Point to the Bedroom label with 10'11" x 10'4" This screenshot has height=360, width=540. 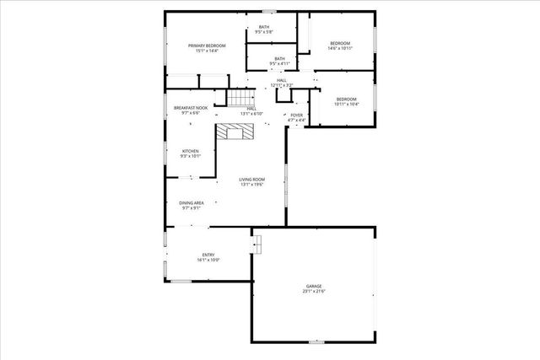coord(347,102)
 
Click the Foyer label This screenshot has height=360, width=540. coord(296,116)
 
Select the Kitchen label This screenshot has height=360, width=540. coord(190,153)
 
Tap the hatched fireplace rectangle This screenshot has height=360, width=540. coord(233,131)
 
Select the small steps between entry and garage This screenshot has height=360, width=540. coord(257,244)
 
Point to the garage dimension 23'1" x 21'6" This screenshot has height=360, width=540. coord(313,292)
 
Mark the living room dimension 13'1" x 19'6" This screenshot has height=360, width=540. coord(251,185)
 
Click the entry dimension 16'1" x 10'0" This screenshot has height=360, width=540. coord(208,261)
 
